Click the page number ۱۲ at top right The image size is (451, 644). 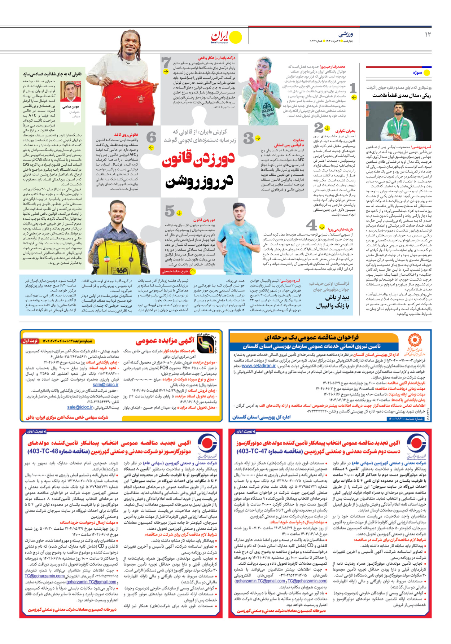click(x=428, y=34)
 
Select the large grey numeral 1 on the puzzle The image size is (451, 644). click(x=353, y=88)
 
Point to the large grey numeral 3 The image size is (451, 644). click(x=249, y=138)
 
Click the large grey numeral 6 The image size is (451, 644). click(x=152, y=137)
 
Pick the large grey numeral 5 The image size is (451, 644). click(x=170, y=211)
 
